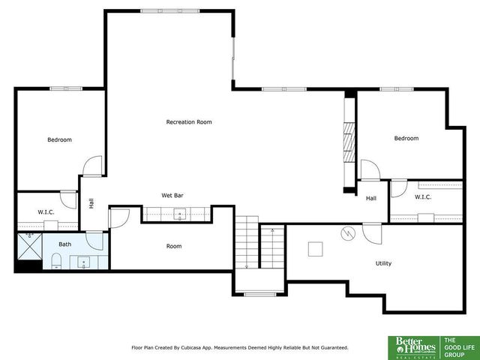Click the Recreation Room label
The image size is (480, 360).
[189, 121]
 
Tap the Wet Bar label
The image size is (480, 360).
[172, 196]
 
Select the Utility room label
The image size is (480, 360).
[383, 263]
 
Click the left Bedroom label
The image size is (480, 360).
[60, 139]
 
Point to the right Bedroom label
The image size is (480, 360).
[406, 138]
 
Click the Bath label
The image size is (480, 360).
[65, 244]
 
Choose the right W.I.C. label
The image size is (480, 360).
[423, 197]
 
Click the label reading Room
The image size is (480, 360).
[174, 246]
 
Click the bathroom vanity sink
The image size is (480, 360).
[82, 262]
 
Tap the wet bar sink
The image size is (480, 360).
[180, 215]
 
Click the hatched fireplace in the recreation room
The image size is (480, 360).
[348, 139]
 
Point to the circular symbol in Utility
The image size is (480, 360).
[347, 233]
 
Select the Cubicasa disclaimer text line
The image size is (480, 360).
[240, 347]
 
